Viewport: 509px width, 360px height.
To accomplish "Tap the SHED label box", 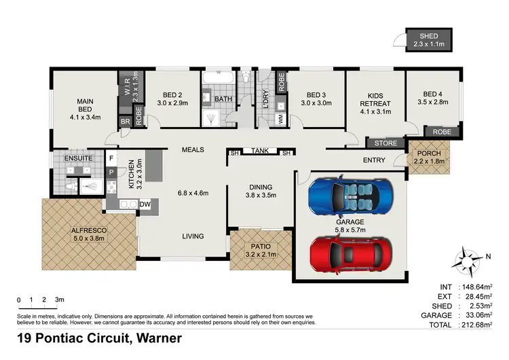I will [428, 40].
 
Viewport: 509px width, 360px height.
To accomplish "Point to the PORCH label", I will [429, 154].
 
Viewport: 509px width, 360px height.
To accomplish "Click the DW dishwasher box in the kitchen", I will [145, 204].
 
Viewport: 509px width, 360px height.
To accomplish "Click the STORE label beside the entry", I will [385, 143].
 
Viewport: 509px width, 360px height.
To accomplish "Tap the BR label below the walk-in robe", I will [126, 122].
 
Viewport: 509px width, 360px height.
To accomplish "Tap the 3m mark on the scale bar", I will [59, 300].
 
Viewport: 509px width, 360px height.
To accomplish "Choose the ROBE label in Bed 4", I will [442, 131].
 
